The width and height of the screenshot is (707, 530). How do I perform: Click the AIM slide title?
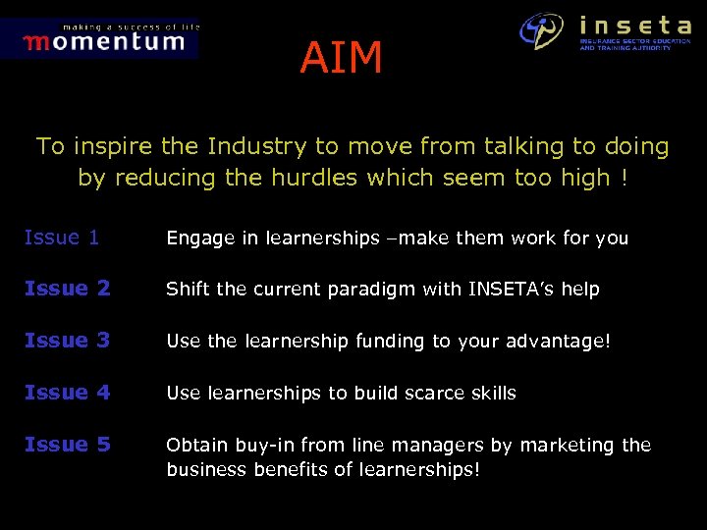(341, 59)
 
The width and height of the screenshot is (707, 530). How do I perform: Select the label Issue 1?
(61, 237)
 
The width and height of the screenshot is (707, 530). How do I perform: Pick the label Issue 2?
(67, 289)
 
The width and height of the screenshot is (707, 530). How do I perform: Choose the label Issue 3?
(67, 341)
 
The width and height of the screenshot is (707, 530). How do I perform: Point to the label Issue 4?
(67, 393)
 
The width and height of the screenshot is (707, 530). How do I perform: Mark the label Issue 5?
(67, 445)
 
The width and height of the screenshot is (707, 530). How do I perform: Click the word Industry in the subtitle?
(257, 147)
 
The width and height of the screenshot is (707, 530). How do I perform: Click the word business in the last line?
(202, 470)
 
